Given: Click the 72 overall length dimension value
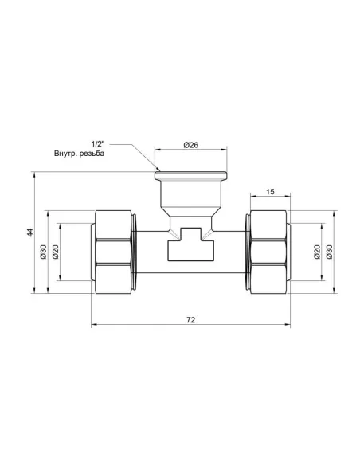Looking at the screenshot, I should click(190, 319).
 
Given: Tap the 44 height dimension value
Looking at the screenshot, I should click(29, 232).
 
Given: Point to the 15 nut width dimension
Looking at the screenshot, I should click(270, 191).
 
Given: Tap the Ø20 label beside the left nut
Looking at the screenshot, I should click(57, 252).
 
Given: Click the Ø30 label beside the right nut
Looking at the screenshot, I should click(330, 252).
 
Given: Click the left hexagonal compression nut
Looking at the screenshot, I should click(116, 252).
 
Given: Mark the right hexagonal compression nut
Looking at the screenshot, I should click(268, 252).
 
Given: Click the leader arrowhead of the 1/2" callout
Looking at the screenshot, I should click(158, 170).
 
